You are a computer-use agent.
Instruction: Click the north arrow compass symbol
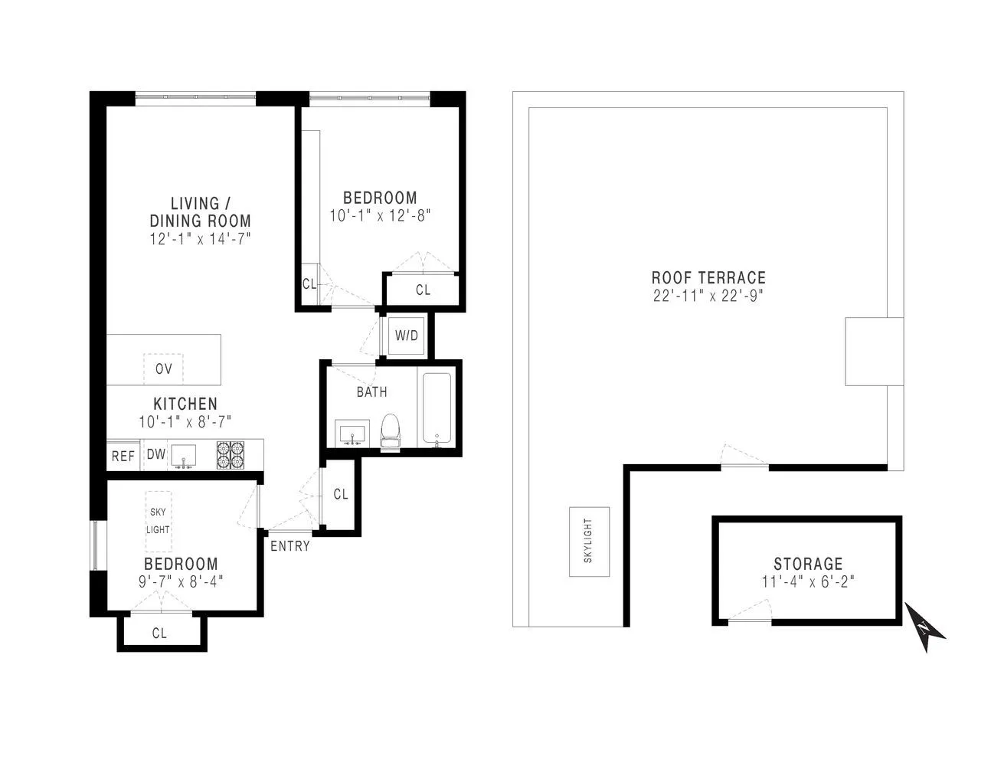[925, 627]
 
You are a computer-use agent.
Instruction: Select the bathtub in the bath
[437, 409]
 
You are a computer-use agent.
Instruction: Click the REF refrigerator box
[123, 457]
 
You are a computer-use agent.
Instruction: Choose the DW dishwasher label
[156, 454]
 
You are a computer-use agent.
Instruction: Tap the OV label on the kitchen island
[163, 368]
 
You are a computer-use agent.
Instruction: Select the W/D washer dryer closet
[406, 336]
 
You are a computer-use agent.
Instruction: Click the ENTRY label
[290, 546]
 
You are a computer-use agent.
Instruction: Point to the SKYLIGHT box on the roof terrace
[588, 542]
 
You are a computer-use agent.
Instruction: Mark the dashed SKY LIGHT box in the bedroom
[159, 522]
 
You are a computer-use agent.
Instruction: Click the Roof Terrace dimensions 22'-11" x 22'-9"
[708, 296]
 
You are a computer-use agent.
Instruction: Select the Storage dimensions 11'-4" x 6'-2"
[807, 581]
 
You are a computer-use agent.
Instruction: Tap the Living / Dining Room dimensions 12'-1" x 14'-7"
[201, 239]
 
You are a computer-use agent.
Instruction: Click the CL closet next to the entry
[341, 495]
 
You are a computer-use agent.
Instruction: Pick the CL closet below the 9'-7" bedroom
[159, 633]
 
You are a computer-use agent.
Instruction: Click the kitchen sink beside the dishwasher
[183, 456]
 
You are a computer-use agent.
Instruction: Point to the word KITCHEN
[185, 404]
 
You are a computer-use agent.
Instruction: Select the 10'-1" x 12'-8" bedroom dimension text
[381, 216]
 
